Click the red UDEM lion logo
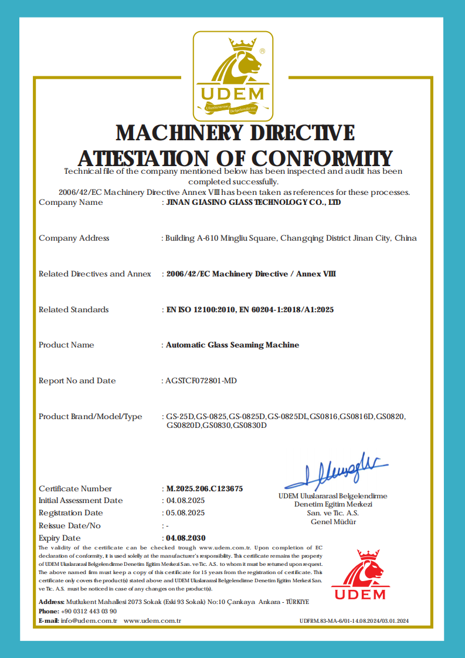coord(360,575)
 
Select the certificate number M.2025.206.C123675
coord(205,488)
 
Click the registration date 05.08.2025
coord(185,513)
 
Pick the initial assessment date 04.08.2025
coord(185,501)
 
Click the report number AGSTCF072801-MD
coord(202,381)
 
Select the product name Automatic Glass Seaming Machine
coord(232,345)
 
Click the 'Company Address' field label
coord(74,238)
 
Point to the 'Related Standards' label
coord(73,310)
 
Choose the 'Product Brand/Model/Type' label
coord(90,417)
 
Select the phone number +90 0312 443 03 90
coord(83,612)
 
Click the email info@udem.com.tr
coord(89,620)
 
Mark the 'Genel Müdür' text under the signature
coord(333,522)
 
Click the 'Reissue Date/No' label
coord(70,525)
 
